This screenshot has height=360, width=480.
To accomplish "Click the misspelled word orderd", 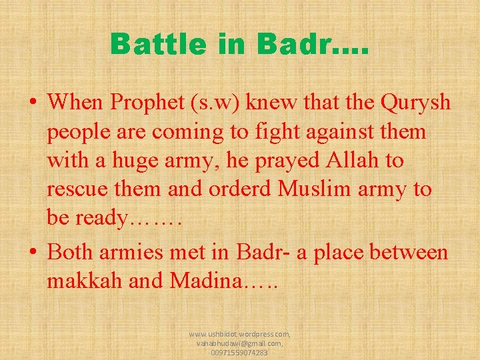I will [x=240, y=189].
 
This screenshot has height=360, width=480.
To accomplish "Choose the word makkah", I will [x=83, y=281].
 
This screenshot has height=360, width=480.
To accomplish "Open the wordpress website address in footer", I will [x=240, y=333].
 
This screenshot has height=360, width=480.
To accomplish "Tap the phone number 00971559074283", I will [x=240, y=353].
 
